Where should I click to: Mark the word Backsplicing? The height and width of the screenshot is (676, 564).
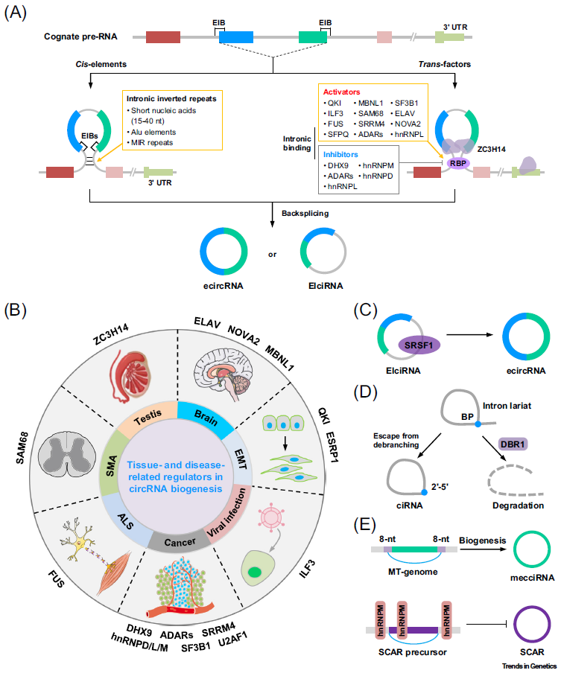(304, 213)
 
